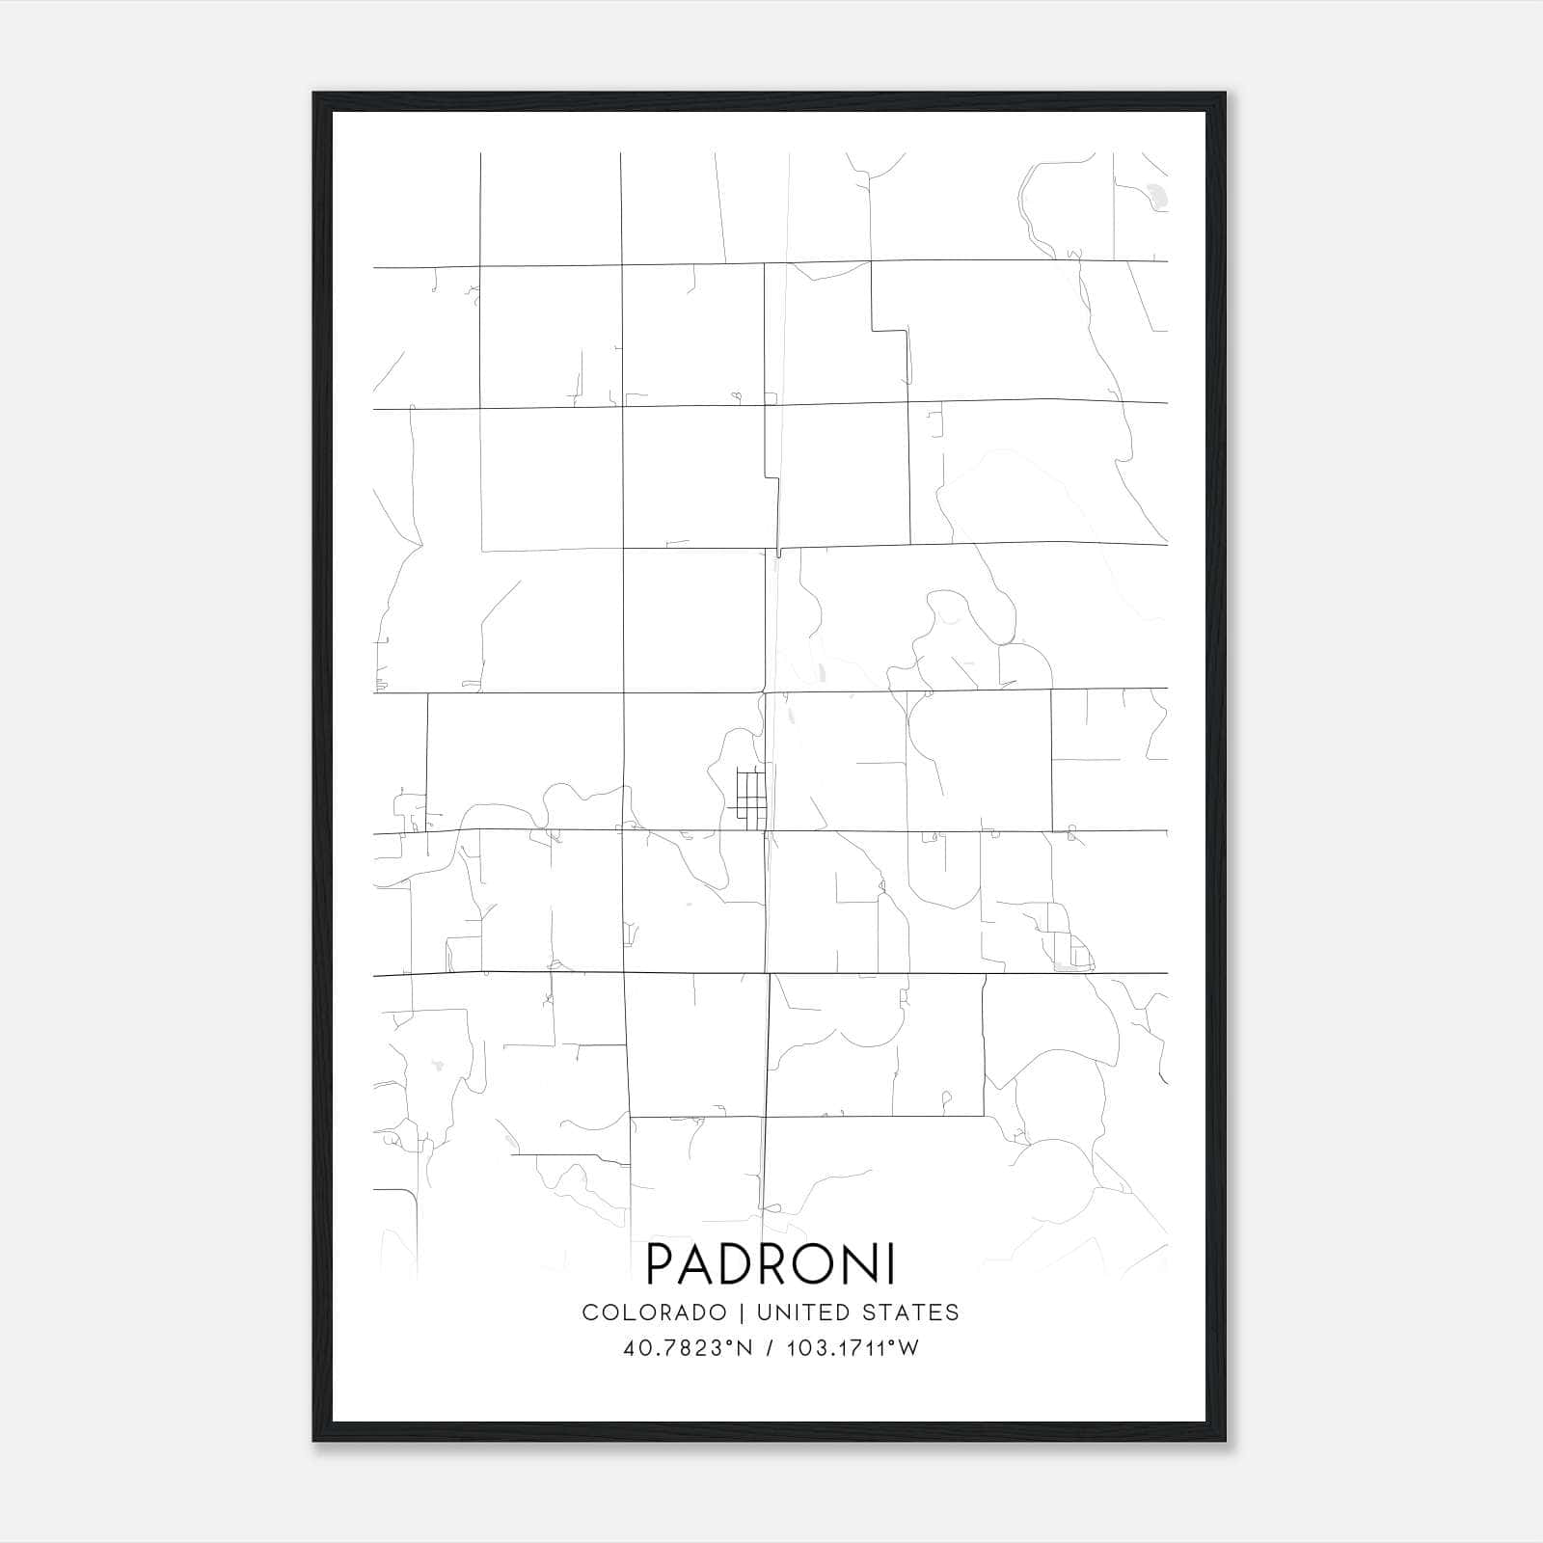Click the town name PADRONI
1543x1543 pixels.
coord(771,1263)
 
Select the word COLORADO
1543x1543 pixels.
coord(654,1312)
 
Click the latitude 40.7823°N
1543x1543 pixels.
coord(688,1348)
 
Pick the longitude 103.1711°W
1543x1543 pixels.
coord(853,1348)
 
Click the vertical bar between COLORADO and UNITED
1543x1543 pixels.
coord(742,1312)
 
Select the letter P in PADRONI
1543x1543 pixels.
coord(662,1263)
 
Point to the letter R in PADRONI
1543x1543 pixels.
coord(778,1263)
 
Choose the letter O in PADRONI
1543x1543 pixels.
coord(822,1263)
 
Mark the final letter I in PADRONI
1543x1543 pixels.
coord(892,1263)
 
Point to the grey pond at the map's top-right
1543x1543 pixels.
coord(1155,197)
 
